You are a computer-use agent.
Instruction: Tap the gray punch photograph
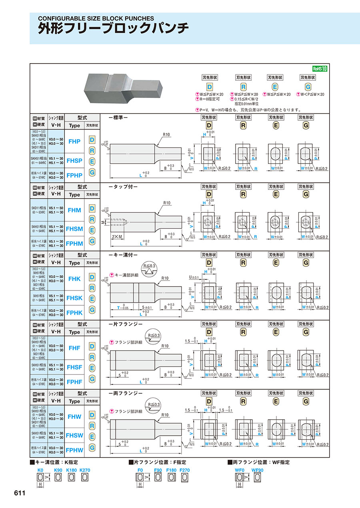(x=123, y=87)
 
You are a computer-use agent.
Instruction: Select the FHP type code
(x=74, y=141)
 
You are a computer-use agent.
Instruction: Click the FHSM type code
(x=74, y=229)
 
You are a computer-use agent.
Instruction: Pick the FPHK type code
(x=74, y=313)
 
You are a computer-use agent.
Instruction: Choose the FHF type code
(x=74, y=348)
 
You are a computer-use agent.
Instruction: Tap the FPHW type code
(x=74, y=450)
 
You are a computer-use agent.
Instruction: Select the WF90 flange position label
(x=257, y=470)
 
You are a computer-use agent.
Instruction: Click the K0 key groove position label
(x=40, y=470)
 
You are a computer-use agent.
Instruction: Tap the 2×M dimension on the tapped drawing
(x=118, y=237)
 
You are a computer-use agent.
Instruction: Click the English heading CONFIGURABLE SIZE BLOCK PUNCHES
(x=96, y=18)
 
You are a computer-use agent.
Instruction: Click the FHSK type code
(x=74, y=298)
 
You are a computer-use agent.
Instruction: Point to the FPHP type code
(x=74, y=175)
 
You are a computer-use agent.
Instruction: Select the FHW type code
(x=74, y=416)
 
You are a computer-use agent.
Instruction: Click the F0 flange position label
(x=140, y=470)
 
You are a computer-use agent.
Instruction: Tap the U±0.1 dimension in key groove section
(x=194, y=277)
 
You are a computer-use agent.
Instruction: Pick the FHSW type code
(x=74, y=435)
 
